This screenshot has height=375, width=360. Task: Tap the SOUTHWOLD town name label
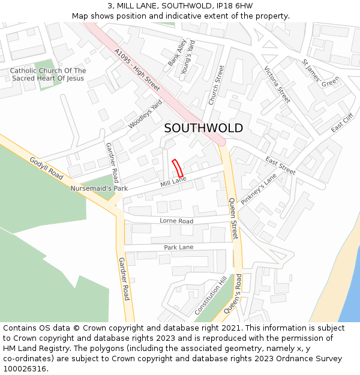pos(203,128)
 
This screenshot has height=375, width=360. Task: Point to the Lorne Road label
pos(176,221)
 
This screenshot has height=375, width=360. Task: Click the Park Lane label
pos(179,247)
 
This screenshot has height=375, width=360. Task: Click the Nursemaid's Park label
pos(99,188)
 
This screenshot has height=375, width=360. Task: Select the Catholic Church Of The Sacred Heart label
pos(48,74)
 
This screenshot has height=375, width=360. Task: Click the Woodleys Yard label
pos(145,114)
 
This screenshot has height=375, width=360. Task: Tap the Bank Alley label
pos(178,52)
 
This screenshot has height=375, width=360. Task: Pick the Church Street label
pos(216,85)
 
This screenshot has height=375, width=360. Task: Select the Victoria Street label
pos(277,84)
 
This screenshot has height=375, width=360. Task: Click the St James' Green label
pos(320,74)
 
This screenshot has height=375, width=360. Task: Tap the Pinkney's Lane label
pos(259,190)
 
